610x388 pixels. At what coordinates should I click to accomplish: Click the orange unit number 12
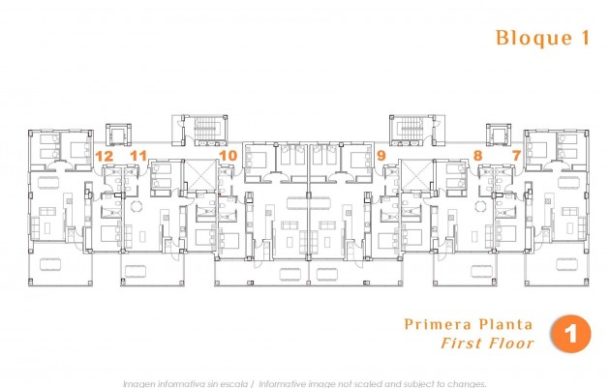[x=105, y=155]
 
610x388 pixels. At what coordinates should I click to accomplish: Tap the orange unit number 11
[x=138, y=155]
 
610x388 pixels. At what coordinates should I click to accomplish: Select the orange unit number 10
[x=229, y=155]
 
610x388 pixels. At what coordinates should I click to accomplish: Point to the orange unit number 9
[x=381, y=155]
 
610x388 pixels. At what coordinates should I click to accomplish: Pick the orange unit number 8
[x=477, y=155]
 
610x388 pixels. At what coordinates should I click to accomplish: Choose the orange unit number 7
[x=515, y=155]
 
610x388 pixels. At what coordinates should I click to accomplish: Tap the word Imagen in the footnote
[x=141, y=382]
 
